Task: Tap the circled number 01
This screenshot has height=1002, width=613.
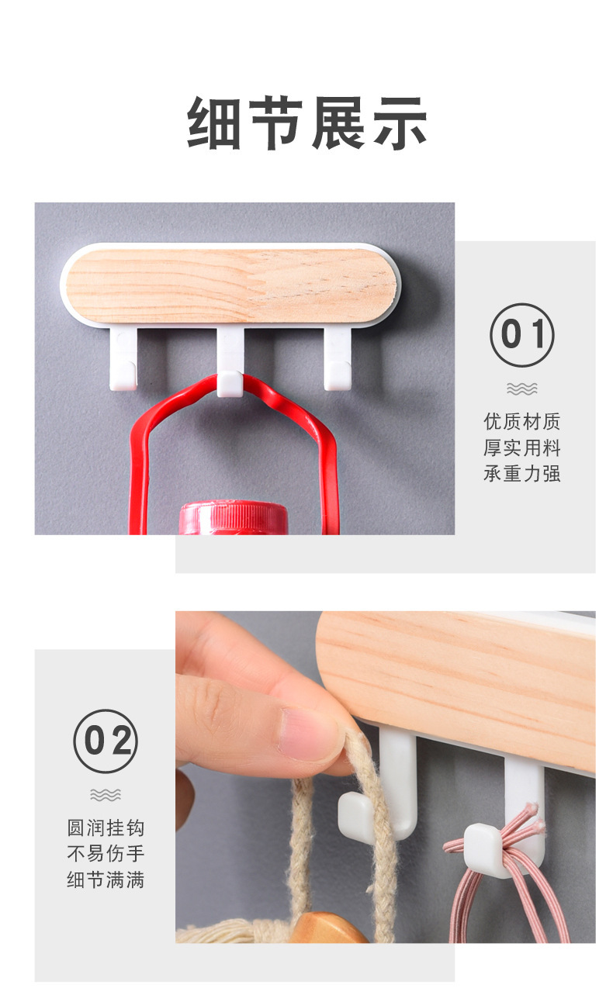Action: pos(521,335)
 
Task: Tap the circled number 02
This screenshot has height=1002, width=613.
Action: pos(106,741)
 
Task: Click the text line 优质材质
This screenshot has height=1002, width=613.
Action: pos(521,421)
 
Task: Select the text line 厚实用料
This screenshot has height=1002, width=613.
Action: pos(521,447)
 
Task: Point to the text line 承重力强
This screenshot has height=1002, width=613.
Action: pos(521,474)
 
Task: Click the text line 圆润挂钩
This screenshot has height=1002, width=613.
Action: pos(106,828)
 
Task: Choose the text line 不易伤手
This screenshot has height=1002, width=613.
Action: pos(106,854)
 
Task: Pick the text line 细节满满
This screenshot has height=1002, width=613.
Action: pos(106,880)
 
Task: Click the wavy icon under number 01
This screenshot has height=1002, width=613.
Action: pos(521,389)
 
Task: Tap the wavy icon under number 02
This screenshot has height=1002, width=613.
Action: pos(106,794)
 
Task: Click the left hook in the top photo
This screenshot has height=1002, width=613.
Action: pos(123,359)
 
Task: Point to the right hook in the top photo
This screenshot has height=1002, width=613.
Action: pos(338,359)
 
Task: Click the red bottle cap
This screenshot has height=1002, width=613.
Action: pos(233,517)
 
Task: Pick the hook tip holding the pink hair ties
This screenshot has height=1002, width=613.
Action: pos(482,844)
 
